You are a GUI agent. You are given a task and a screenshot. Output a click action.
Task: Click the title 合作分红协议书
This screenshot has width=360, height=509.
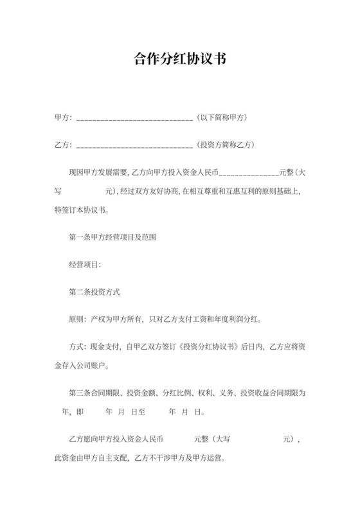click(179, 60)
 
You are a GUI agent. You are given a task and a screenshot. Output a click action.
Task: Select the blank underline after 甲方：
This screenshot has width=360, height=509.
click(134, 120)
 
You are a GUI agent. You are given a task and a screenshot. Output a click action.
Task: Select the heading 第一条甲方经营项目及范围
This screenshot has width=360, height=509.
click(113, 237)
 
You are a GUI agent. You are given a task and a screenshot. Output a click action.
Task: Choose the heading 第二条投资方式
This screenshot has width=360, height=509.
click(95, 291)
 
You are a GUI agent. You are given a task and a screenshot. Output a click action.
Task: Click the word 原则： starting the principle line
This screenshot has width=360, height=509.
click(78, 319)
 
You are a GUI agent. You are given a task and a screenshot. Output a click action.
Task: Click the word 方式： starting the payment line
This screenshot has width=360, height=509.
click(78, 346)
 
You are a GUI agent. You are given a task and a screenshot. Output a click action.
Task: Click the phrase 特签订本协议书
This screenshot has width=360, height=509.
click(82, 210)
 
